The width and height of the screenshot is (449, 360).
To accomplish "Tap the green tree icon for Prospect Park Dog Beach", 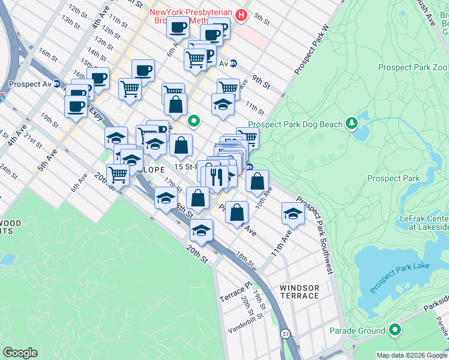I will click(x=352, y=124).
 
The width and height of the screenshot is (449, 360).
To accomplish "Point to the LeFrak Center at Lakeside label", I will click(x=424, y=223).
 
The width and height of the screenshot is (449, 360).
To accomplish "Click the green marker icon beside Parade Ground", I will click(x=394, y=331).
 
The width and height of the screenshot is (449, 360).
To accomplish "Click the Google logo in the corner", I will click(x=20, y=353).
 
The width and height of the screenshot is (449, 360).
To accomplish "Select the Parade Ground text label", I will click(x=357, y=331).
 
